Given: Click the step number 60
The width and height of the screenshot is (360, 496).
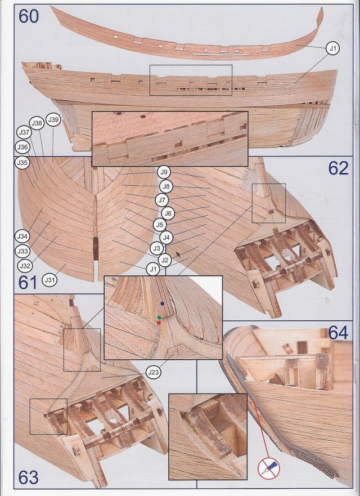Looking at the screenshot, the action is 29,16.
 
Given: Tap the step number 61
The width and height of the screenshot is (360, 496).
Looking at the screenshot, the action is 28,283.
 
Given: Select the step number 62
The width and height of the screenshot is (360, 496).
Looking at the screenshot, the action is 338,168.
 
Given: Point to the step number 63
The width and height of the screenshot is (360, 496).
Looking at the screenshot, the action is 29,477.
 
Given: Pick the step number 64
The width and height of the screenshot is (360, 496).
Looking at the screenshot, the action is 338,333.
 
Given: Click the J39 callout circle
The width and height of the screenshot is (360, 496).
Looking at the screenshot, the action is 53,119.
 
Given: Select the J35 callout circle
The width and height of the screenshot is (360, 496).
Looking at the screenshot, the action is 22,163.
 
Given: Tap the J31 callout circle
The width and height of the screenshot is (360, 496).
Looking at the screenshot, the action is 50,280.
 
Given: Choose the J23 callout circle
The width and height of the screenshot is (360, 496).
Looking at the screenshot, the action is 154,372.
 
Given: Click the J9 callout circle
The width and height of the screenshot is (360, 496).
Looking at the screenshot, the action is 164,172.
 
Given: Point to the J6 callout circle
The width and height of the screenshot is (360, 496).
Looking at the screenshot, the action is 168,213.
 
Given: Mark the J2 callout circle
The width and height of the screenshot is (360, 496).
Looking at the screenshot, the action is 165,260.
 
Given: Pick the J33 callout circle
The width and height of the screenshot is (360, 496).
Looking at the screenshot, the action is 22,251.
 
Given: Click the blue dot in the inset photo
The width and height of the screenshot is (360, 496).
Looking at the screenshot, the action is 162,303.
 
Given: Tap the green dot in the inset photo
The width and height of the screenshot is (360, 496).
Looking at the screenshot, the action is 159,318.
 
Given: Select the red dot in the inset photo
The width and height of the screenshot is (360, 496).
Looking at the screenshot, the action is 159,323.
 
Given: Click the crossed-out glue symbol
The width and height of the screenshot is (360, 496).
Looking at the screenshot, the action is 269,468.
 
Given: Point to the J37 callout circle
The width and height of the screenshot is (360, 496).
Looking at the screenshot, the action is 24,132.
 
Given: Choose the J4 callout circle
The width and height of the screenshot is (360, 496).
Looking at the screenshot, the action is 166,237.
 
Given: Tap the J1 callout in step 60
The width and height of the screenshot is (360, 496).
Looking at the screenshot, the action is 332,48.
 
